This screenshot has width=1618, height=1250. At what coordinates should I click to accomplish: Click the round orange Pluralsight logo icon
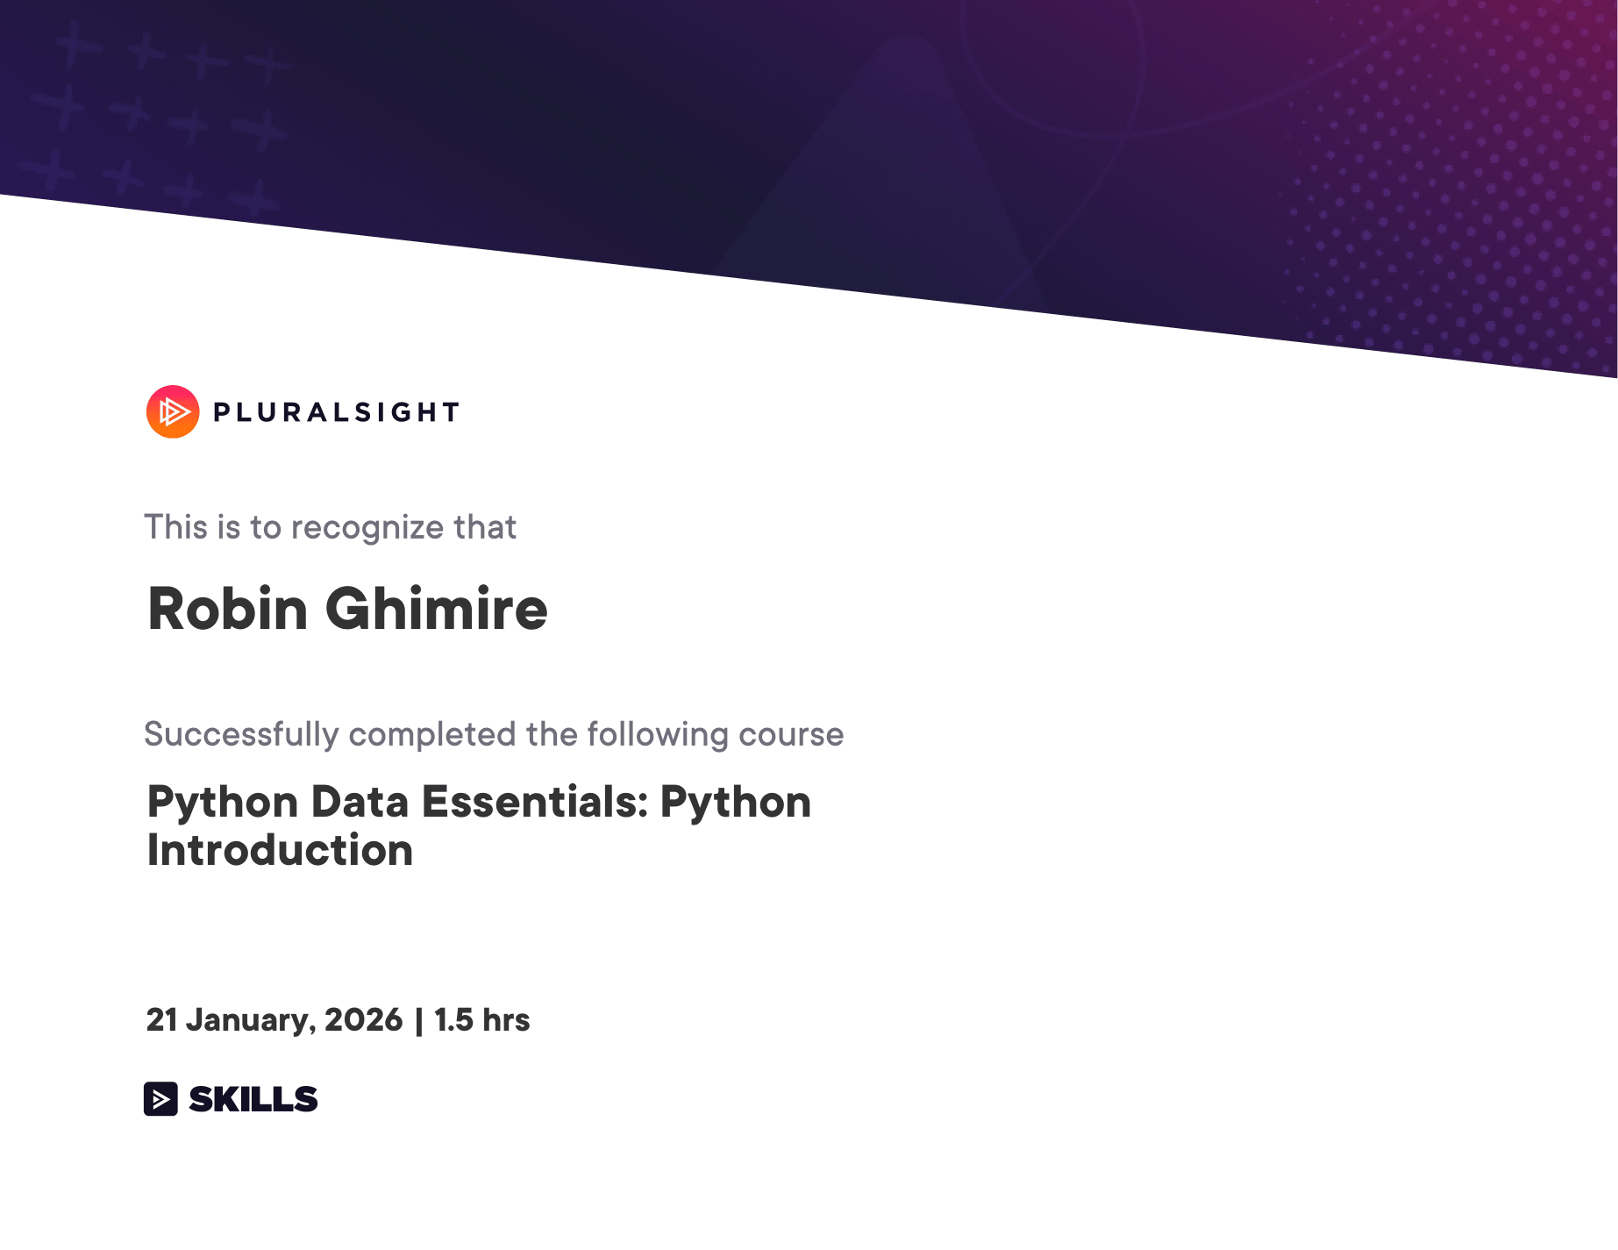(x=173, y=411)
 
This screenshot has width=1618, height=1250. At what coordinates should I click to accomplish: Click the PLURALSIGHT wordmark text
(x=337, y=412)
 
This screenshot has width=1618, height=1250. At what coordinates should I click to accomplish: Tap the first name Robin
(x=228, y=608)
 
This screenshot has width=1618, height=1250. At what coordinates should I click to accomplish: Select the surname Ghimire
(x=437, y=608)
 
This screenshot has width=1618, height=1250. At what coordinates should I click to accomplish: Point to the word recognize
(x=367, y=528)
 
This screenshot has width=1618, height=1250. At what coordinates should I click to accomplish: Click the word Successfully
(x=241, y=734)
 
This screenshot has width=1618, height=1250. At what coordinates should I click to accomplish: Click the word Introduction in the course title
(x=280, y=850)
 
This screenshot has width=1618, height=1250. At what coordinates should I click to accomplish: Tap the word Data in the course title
(x=360, y=802)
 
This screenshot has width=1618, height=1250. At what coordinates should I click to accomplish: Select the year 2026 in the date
(x=363, y=1019)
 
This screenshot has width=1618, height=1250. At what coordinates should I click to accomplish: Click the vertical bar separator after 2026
(x=418, y=1020)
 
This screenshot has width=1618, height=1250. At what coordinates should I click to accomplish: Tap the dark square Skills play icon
(x=160, y=1098)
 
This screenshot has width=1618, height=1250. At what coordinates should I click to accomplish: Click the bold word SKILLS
(x=253, y=1099)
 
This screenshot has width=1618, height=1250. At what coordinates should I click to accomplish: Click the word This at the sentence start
(x=176, y=527)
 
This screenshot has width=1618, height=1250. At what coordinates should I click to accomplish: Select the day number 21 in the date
(x=162, y=1019)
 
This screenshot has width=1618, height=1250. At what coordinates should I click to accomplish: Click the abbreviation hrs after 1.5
(x=506, y=1019)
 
